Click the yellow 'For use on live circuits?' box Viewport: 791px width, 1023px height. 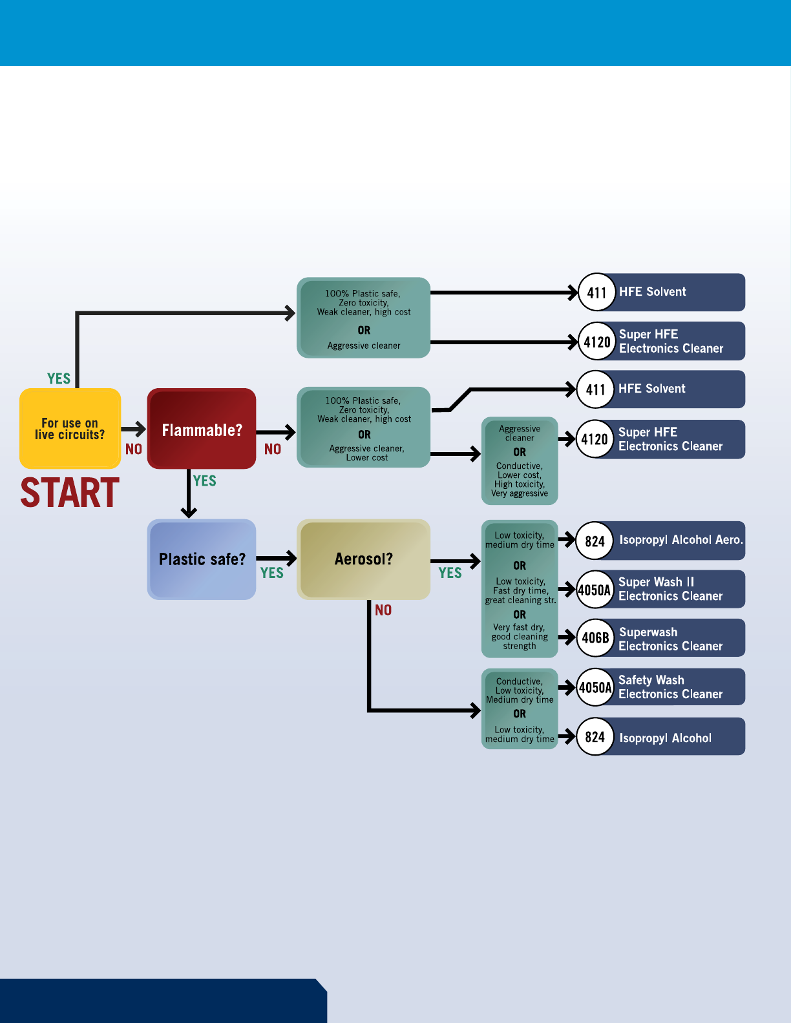point(70,428)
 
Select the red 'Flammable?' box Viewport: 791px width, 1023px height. point(202,429)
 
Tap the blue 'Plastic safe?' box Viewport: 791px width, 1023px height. point(202,559)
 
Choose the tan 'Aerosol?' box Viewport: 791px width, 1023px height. point(363,559)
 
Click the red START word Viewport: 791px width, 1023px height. point(70,493)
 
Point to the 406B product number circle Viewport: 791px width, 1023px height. point(595,638)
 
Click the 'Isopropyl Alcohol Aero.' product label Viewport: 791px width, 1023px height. point(680,540)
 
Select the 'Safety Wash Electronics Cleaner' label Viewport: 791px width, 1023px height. point(670,687)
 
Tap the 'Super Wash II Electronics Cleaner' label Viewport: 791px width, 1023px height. point(670,589)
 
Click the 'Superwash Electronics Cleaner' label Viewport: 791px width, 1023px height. point(670,639)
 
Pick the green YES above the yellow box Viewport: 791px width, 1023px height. point(59,378)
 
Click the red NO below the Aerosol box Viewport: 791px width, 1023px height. point(383,610)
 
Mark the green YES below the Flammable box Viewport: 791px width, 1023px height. point(205,481)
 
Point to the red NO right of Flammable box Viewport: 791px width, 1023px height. point(273,449)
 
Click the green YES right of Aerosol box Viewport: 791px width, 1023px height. point(450,573)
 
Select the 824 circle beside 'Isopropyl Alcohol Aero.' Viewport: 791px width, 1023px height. point(595,541)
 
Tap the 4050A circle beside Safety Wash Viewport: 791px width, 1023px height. point(595,688)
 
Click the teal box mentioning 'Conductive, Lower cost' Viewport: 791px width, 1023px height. point(520,460)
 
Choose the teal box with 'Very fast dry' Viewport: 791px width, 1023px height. point(520,588)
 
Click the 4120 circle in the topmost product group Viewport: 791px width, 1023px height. point(596,342)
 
